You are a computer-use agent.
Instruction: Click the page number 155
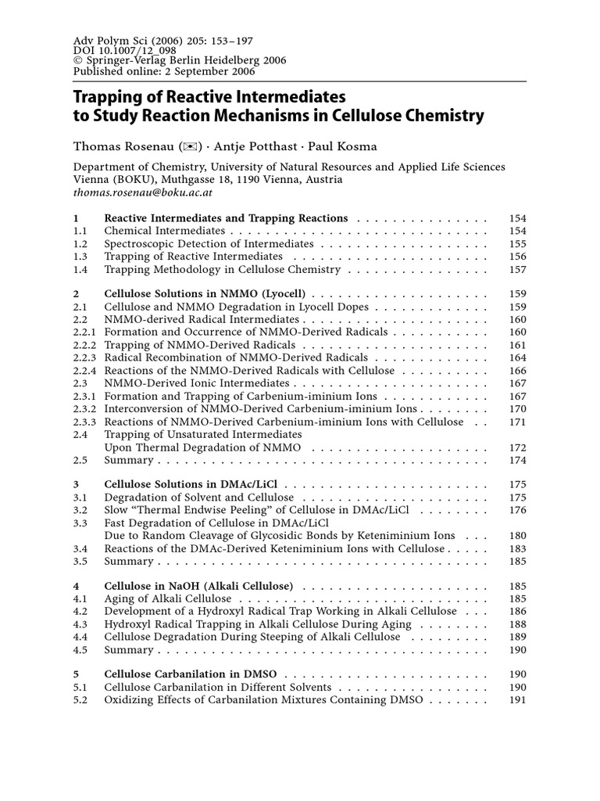point(517,244)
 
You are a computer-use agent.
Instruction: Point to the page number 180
point(517,536)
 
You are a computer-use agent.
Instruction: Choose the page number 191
point(517,700)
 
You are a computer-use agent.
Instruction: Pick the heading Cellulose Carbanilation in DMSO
point(195,674)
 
